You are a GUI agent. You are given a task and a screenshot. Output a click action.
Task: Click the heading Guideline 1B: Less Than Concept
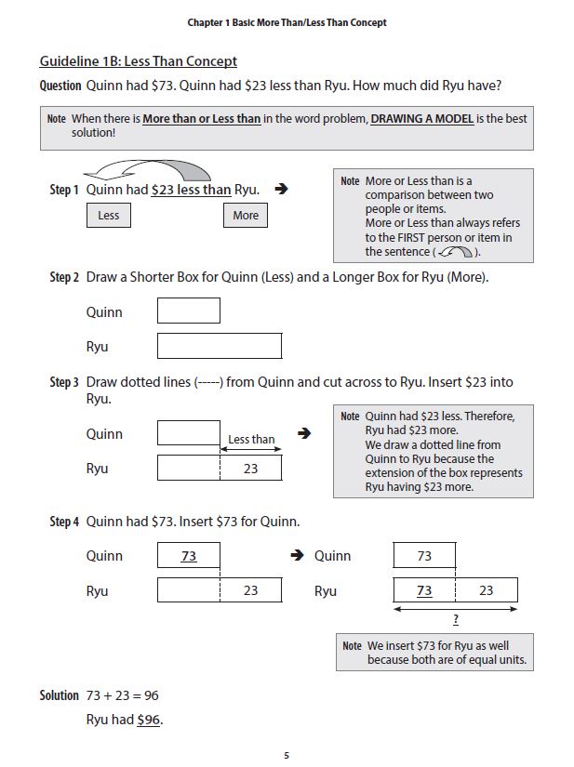click(138, 61)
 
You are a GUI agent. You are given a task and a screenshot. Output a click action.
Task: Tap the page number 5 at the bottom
click(287, 754)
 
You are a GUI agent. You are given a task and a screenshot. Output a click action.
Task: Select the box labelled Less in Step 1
click(109, 216)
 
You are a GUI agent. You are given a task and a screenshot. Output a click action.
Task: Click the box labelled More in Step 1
click(246, 216)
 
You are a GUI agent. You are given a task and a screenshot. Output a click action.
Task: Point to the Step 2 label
click(64, 277)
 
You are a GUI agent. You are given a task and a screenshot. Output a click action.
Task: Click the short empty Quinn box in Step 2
click(189, 311)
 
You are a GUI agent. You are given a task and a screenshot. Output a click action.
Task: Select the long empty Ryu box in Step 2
click(220, 346)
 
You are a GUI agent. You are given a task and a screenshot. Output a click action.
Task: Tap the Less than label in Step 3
click(251, 440)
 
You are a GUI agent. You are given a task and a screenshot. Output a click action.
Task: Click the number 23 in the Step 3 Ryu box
click(250, 469)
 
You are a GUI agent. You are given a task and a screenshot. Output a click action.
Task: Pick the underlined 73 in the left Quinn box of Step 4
click(189, 556)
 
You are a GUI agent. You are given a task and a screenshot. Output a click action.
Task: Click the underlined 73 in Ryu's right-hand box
click(424, 590)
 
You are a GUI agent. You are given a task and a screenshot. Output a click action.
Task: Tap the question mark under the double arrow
click(455, 620)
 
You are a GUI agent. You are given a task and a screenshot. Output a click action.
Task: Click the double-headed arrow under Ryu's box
click(455, 609)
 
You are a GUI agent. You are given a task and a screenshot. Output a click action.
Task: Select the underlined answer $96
click(149, 720)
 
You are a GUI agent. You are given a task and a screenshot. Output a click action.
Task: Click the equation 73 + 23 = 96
click(115, 695)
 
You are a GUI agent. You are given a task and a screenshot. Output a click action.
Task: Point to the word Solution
click(60, 695)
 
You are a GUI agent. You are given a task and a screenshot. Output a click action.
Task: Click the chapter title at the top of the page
click(287, 22)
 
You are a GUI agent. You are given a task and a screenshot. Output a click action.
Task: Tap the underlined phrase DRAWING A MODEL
click(421, 119)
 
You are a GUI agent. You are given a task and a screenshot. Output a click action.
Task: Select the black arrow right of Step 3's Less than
click(302, 433)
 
